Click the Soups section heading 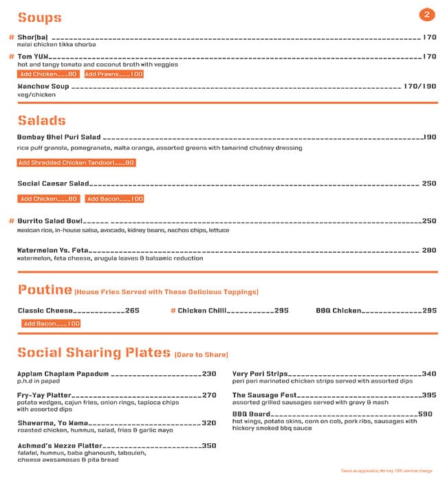[x=39, y=18]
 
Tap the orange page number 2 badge [x=427, y=14]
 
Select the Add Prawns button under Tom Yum [x=114, y=74]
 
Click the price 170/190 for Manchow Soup [x=420, y=87]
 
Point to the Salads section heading [x=41, y=120]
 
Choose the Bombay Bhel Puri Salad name [x=59, y=137]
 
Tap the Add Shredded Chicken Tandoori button [x=76, y=163]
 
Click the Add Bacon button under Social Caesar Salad [x=115, y=199]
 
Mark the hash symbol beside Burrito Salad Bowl [x=11, y=221]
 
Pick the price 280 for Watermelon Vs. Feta [x=429, y=251]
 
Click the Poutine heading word [x=45, y=289]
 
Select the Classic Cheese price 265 [x=132, y=311]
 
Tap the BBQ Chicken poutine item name [x=338, y=311]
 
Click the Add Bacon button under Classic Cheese [x=51, y=324]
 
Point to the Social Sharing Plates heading [x=94, y=353]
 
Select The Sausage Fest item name [x=264, y=395]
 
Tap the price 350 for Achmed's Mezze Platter [x=209, y=445]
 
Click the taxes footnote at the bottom [x=386, y=471]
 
